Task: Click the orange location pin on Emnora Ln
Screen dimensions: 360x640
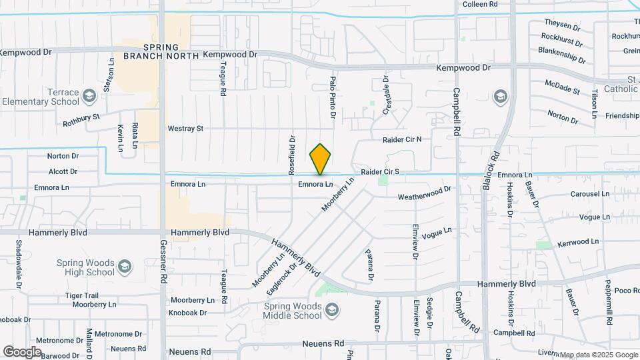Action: pyautogui.click(x=320, y=159)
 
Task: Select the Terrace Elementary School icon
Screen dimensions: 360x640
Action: pyautogui.click(x=88, y=97)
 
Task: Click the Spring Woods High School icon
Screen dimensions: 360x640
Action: pyautogui.click(x=123, y=267)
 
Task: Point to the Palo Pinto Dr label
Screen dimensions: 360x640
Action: pyautogui.click(x=332, y=97)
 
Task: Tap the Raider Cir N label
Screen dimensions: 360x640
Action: pyautogui.click(x=402, y=139)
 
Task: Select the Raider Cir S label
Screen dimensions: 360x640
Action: pyautogui.click(x=380, y=172)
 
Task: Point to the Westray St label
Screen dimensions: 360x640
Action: pyautogui.click(x=185, y=128)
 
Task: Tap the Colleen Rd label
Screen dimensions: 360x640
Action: pyautogui.click(x=481, y=4)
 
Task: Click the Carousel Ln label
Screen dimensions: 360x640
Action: pyautogui.click(x=589, y=194)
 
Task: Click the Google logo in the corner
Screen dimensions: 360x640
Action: pyautogui.click(x=22, y=351)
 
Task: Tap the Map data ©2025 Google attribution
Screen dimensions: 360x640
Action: pyautogui.click(x=598, y=355)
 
